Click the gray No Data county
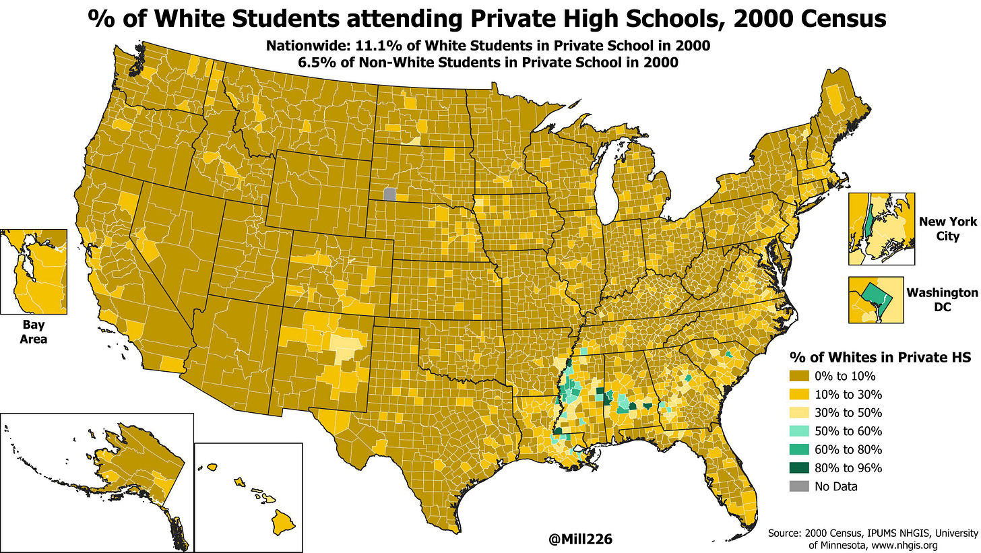point(389,194)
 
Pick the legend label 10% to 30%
point(855,395)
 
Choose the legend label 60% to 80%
point(855,449)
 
